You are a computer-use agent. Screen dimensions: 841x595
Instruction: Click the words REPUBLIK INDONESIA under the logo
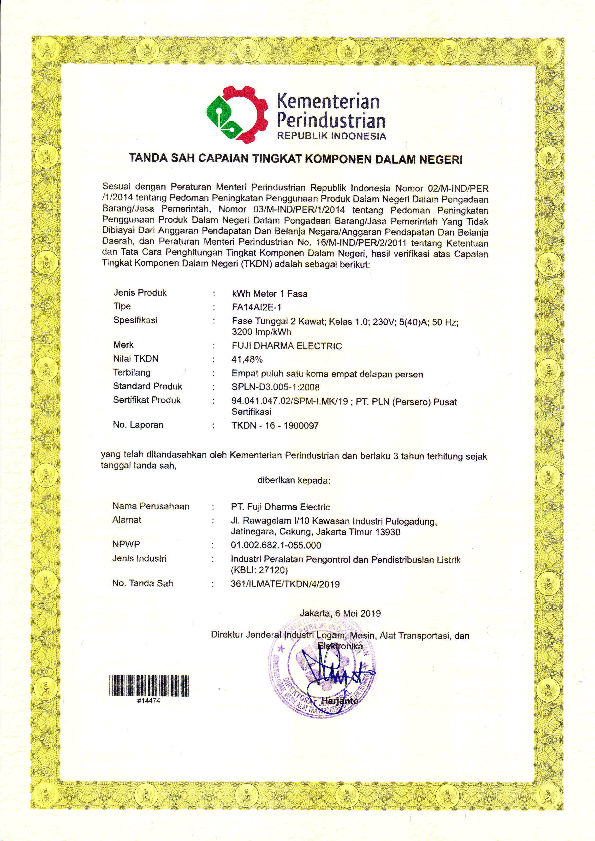tap(331, 136)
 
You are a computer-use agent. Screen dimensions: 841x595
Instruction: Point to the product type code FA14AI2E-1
tap(256, 307)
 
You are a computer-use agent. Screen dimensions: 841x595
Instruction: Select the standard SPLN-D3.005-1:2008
tap(275, 387)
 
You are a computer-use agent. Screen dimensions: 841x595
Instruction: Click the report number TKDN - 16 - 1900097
tap(275, 426)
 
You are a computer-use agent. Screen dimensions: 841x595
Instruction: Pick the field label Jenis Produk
tap(140, 293)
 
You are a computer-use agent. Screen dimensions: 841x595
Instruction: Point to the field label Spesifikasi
tap(135, 320)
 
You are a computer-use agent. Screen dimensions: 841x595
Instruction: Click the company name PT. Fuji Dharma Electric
tap(280, 507)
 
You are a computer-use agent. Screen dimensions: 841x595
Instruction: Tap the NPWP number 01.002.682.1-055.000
tap(276, 545)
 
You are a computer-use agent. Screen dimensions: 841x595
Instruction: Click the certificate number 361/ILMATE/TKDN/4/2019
tap(285, 584)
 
